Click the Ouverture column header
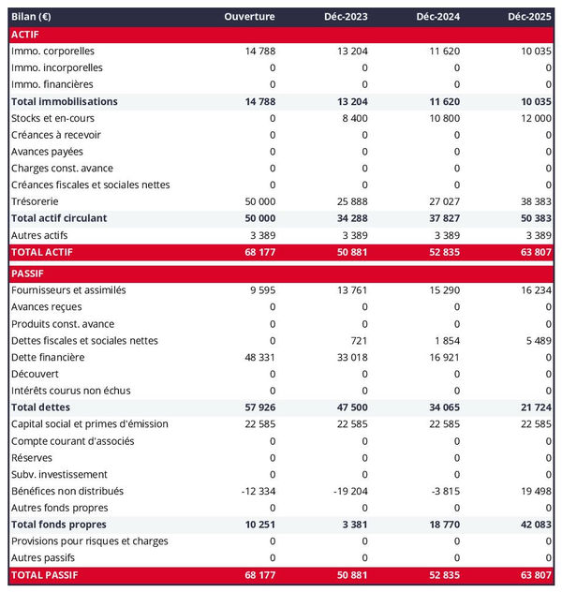click(x=249, y=18)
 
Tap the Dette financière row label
click(x=48, y=357)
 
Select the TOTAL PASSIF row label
click(x=44, y=574)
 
